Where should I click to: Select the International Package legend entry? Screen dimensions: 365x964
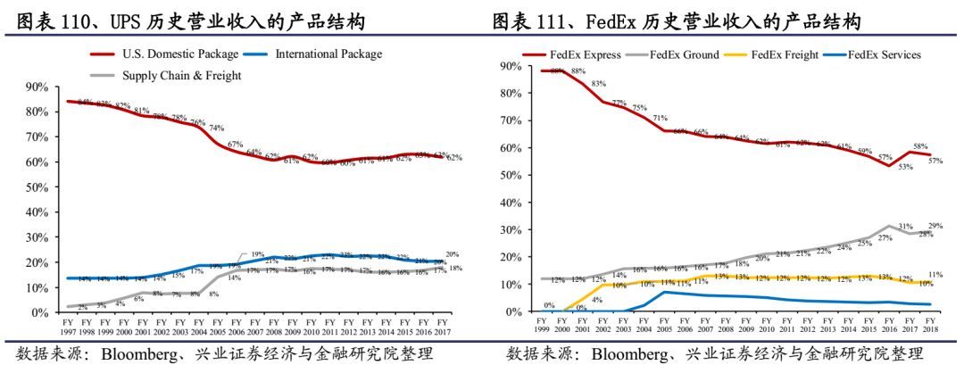coord(328,54)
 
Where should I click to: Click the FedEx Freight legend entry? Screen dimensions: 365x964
coord(785,54)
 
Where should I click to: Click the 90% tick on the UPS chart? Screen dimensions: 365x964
coord(37,87)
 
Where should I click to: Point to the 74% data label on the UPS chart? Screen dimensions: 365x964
coord(216,129)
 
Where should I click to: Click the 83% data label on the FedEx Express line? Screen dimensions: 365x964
coord(597,85)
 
